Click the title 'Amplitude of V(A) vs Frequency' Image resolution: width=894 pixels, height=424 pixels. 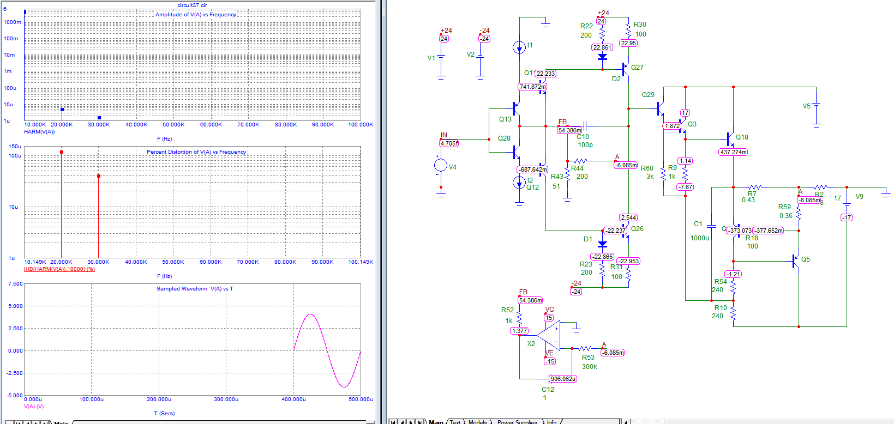pyautogui.click(x=195, y=15)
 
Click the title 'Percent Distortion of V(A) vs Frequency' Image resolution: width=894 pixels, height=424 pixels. pyautogui.click(x=196, y=152)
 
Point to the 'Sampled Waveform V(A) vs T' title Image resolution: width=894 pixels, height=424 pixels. pyautogui.click(x=195, y=289)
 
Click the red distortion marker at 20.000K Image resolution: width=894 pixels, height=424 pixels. pyautogui.click(x=62, y=152)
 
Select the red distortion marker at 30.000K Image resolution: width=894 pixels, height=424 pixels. pyautogui.click(x=99, y=176)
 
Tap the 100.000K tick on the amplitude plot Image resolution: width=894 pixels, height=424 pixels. pyautogui.click(x=361, y=125)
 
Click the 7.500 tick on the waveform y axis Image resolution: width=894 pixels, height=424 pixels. pyautogui.click(x=15, y=284)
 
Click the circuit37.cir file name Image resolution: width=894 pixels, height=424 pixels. pyautogui.click(x=192, y=5)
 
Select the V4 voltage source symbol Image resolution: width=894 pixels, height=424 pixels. pyautogui.click(x=441, y=166)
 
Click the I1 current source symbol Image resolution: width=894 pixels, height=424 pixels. pyautogui.click(x=519, y=47)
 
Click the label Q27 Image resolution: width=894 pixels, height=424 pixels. pyautogui.click(x=637, y=68)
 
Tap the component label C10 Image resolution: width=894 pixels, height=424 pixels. pyautogui.click(x=583, y=137)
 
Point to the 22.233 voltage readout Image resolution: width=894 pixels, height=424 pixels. pyautogui.click(x=545, y=74)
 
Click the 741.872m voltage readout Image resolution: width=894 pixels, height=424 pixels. pyautogui.click(x=532, y=87)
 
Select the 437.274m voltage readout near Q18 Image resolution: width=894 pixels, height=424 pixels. pyautogui.click(x=733, y=152)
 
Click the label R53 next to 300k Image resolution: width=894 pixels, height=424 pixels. pyautogui.click(x=588, y=358)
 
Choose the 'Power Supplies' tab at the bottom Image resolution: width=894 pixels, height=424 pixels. pyautogui.click(x=517, y=422)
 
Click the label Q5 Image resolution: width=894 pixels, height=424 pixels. pyautogui.click(x=805, y=259)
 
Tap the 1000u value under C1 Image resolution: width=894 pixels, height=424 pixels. pyautogui.click(x=699, y=238)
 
